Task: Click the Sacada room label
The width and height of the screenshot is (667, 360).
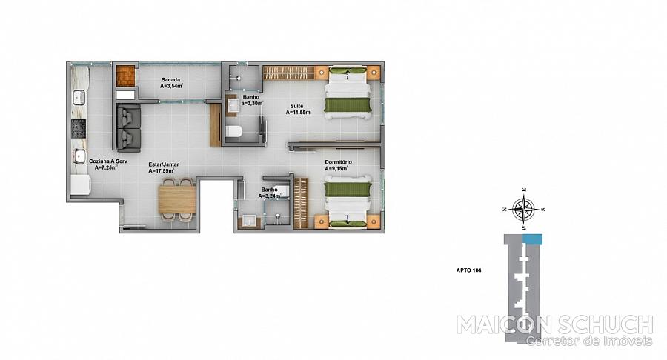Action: click(x=170, y=79)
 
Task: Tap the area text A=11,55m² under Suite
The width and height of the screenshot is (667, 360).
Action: click(x=298, y=112)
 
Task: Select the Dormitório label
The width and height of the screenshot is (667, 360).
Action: click(x=338, y=162)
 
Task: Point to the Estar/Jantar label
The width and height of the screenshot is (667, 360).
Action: click(x=164, y=164)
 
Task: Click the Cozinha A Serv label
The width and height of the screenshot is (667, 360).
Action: click(x=108, y=161)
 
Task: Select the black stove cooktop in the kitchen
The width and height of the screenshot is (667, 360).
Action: click(x=79, y=129)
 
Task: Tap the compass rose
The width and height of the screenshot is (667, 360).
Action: click(x=524, y=209)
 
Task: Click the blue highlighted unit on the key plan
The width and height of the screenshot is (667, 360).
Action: click(x=533, y=239)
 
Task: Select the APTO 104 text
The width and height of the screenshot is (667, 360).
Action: click(x=469, y=270)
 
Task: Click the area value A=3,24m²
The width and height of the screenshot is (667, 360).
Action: click(x=270, y=196)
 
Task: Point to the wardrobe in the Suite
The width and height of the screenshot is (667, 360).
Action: click(x=288, y=73)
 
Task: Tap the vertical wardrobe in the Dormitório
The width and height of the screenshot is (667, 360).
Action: click(x=300, y=203)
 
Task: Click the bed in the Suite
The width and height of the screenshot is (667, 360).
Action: click(x=348, y=93)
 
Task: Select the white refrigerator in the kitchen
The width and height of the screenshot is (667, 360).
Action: click(x=79, y=185)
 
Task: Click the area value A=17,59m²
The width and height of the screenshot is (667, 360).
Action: click(x=162, y=171)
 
